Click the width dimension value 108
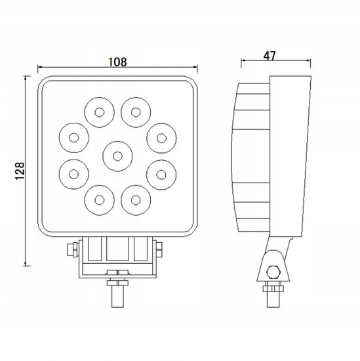tap(117, 62)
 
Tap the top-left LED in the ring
tap(99, 111)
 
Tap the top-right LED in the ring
tap(135, 111)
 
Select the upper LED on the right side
tap(161, 138)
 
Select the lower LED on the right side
tap(161, 174)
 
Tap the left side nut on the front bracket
tap(71, 250)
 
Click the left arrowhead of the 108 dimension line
tap(41, 67)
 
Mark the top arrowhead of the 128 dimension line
tap(27, 79)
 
